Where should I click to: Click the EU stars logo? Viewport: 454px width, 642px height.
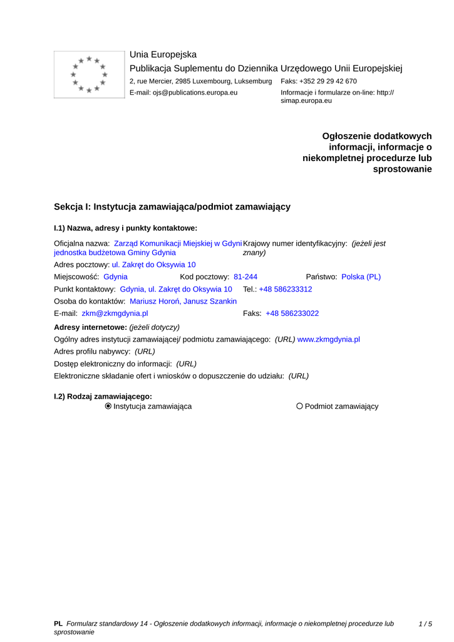click(x=89, y=75)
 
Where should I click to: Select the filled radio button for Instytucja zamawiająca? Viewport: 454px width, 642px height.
click(x=108, y=406)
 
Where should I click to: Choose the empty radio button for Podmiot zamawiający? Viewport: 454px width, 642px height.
click(x=299, y=406)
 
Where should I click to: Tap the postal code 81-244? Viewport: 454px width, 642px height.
click(x=245, y=276)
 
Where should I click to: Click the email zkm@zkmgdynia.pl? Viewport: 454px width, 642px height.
click(x=115, y=313)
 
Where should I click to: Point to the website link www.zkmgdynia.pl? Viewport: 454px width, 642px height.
click(x=328, y=339)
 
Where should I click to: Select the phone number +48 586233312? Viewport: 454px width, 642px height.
click(x=286, y=289)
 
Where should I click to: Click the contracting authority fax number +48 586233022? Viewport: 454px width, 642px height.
click(x=292, y=313)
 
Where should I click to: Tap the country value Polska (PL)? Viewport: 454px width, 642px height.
click(x=361, y=276)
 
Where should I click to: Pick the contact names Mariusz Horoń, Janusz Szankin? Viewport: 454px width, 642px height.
click(x=183, y=302)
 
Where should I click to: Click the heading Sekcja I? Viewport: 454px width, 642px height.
click(x=172, y=206)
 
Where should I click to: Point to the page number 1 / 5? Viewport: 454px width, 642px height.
click(x=425, y=624)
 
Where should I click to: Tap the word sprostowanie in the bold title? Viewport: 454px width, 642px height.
click(x=402, y=169)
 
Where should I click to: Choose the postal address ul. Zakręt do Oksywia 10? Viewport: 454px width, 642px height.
click(x=153, y=265)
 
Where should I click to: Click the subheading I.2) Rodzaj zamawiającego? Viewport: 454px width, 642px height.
click(x=103, y=396)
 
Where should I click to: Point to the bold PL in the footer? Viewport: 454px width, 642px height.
click(x=58, y=624)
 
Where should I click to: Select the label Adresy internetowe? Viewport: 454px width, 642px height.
click(x=90, y=327)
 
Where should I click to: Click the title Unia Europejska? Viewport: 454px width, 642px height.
click(x=163, y=55)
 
